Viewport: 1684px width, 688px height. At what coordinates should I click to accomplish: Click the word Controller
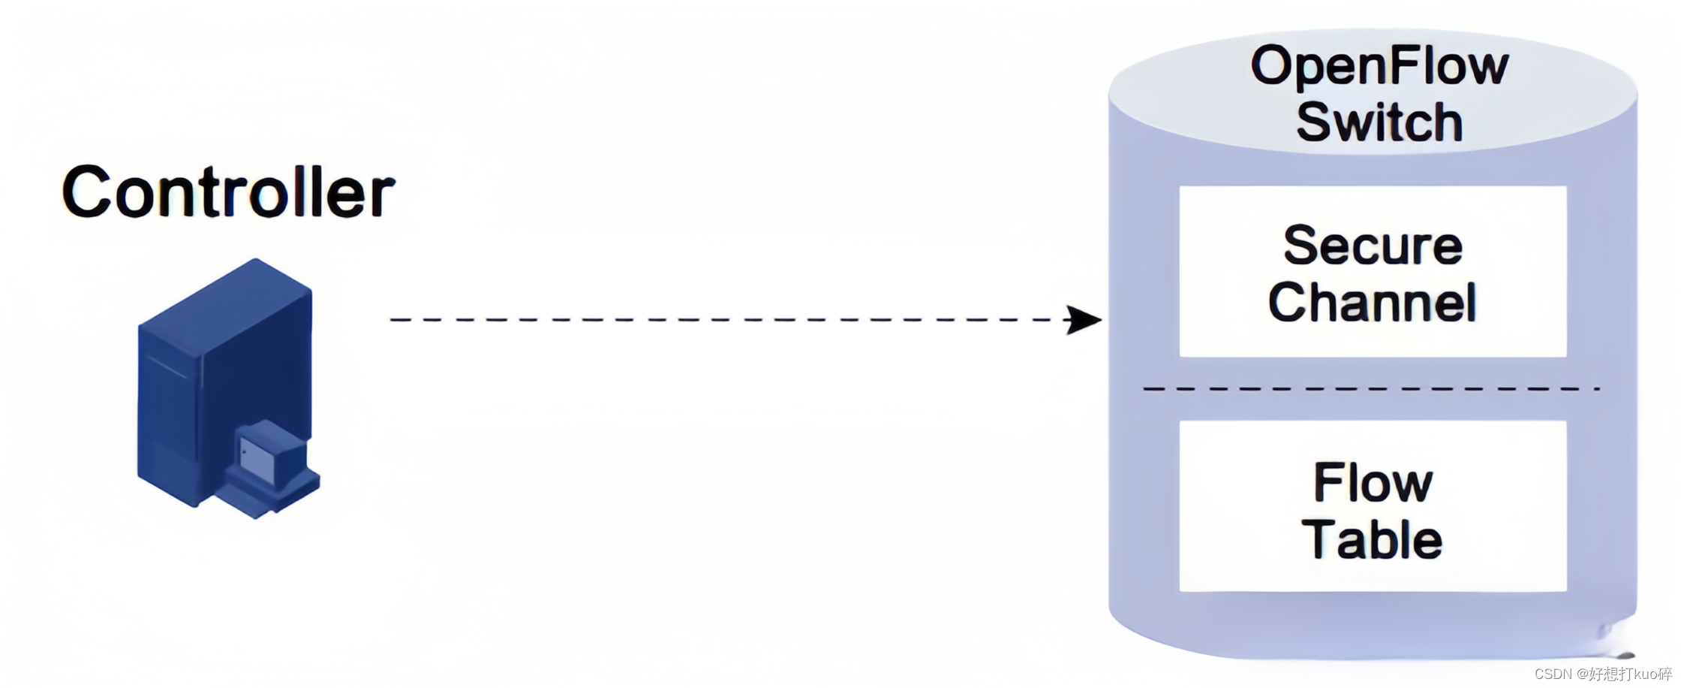point(228,192)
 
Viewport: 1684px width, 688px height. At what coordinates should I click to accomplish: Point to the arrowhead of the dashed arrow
point(1084,320)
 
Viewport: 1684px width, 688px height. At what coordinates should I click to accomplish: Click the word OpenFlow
point(1379,66)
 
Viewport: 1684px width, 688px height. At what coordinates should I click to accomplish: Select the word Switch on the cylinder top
point(1379,122)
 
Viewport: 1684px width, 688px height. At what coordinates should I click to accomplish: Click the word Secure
point(1373,246)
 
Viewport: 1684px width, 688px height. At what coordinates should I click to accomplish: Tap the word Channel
point(1373,302)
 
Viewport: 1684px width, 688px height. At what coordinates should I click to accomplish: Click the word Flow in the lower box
point(1373,482)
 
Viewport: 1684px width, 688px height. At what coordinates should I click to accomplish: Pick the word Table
point(1373,539)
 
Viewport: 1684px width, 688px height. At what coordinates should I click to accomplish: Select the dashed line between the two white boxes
point(1371,389)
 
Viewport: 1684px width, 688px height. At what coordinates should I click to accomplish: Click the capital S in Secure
point(1301,246)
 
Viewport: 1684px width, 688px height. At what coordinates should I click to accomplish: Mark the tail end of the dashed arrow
point(393,320)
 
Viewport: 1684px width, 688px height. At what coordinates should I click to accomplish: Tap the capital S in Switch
point(1315,122)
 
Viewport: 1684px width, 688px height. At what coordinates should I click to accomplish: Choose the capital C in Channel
point(1288,302)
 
